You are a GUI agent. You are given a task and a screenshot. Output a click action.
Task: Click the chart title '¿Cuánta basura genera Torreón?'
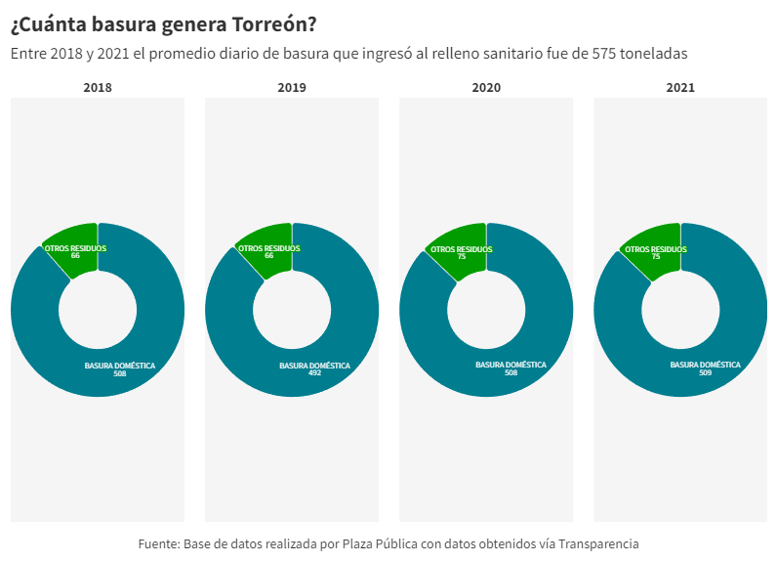click(x=163, y=23)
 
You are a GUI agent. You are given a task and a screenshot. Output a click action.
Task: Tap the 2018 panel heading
click(x=98, y=88)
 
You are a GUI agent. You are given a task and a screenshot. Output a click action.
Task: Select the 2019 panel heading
click(x=292, y=88)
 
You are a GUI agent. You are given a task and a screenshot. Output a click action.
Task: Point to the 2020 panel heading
click(x=486, y=88)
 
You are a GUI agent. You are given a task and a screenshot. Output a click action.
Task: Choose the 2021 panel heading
click(x=680, y=88)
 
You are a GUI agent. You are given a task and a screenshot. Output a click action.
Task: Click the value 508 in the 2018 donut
click(x=120, y=373)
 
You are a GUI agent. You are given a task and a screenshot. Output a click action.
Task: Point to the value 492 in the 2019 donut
click(x=314, y=373)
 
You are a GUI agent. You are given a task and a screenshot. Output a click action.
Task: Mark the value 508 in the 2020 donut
click(x=511, y=373)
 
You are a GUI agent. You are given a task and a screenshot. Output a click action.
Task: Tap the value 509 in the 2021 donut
click(x=705, y=373)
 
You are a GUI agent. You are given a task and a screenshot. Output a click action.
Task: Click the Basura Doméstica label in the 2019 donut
click(x=314, y=366)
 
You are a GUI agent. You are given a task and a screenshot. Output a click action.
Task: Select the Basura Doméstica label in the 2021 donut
click(x=705, y=366)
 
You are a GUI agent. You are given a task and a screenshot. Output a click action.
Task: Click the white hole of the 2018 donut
click(x=98, y=310)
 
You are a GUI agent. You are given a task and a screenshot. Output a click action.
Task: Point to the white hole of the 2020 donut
click(x=486, y=310)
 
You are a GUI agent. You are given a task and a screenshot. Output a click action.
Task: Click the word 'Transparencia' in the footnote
click(x=598, y=543)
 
